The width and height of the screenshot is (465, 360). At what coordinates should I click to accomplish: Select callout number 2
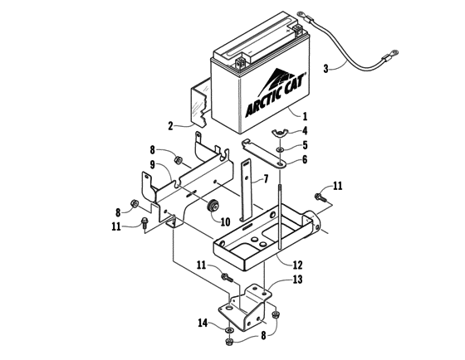(x=170, y=127)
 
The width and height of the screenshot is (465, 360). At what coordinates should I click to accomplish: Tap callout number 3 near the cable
(x=325, y=69)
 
